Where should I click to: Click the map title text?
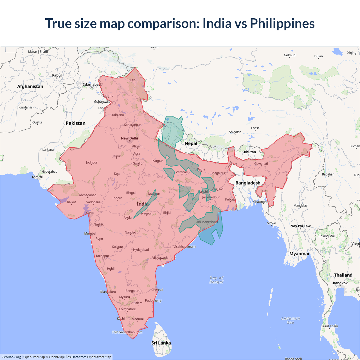click(x=180, y=23)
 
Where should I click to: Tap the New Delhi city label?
click(x=129, y=138)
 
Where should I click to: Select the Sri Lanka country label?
click(x=161, y=343)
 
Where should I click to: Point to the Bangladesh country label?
click(x=248, y=183)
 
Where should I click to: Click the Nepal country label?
click(x=191, y=143)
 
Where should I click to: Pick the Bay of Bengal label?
click(x=216, y=280)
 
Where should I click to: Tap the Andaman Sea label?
click(x=291, y=320)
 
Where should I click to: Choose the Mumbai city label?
click(x=90, y=233)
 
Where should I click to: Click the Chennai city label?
click(x=157, y=290)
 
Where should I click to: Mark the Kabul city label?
click(x=57, y=75)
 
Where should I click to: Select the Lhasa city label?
click(x=255, y=128)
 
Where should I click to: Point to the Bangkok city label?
click(x=340, y=283)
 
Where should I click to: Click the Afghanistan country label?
click(x=30, y=86)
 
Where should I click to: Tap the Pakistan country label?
click(x=75, y=123)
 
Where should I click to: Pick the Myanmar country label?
click(x=300, y=254)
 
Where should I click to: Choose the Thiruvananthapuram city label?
click(x=127, y=332)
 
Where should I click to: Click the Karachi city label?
click(x=37, y=177)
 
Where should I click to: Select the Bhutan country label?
click(x=250, y=152)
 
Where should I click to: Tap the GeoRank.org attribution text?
click(x=11, y=357)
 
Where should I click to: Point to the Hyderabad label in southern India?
click(x=141, y=250)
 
